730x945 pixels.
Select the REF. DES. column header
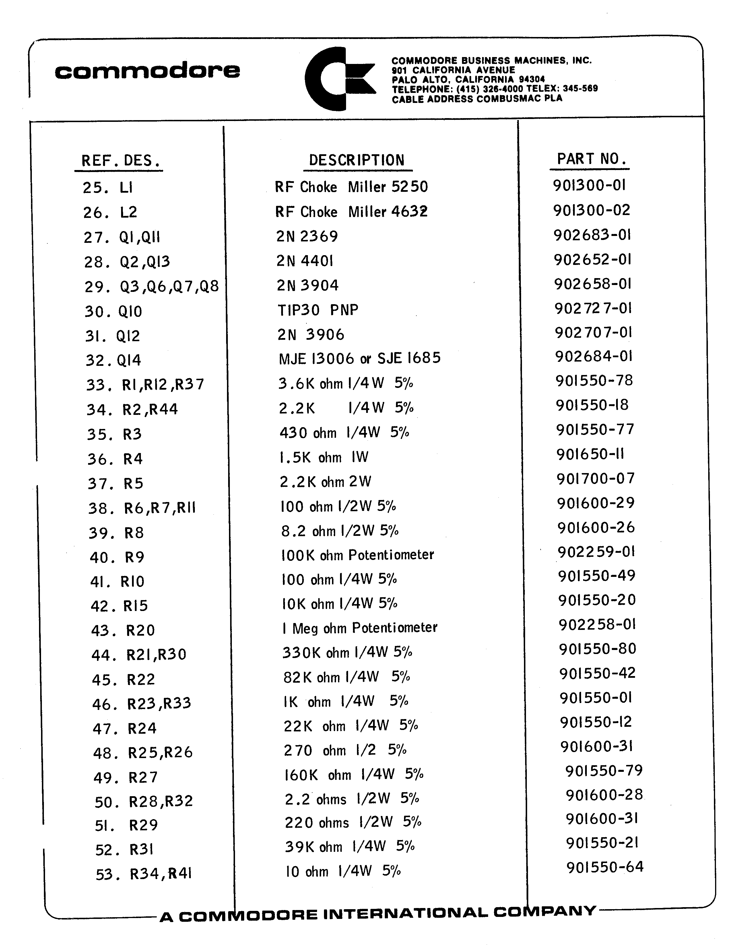pos(121,161)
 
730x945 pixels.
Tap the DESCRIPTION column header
pos(356,160)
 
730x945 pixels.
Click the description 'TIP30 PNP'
pos(318,310)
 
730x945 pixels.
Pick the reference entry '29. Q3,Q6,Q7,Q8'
pos(152,286)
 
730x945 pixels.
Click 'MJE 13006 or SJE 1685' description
pos(359,358)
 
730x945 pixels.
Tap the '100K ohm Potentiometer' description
pos(357,555)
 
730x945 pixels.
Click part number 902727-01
pos(593,308)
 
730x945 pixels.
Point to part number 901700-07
pos(595,478)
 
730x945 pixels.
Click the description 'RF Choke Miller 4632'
pos(351,212)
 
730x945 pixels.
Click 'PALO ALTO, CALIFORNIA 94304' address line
pos(468,80)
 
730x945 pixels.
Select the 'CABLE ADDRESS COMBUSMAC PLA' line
pos(477,99)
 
